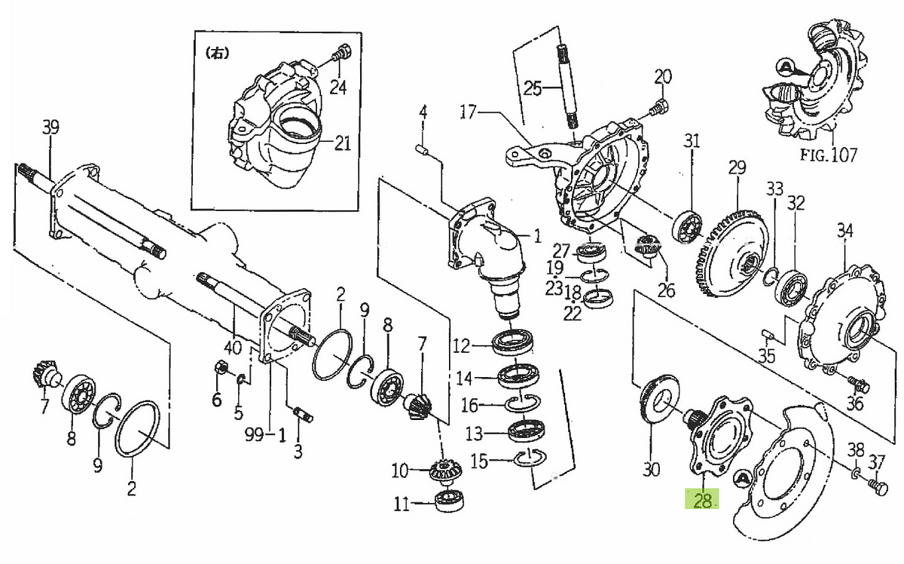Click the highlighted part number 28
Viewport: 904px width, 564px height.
702,499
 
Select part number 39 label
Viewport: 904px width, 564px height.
50,128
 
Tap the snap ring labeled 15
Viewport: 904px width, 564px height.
533,458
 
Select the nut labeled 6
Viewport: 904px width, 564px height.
221,369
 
